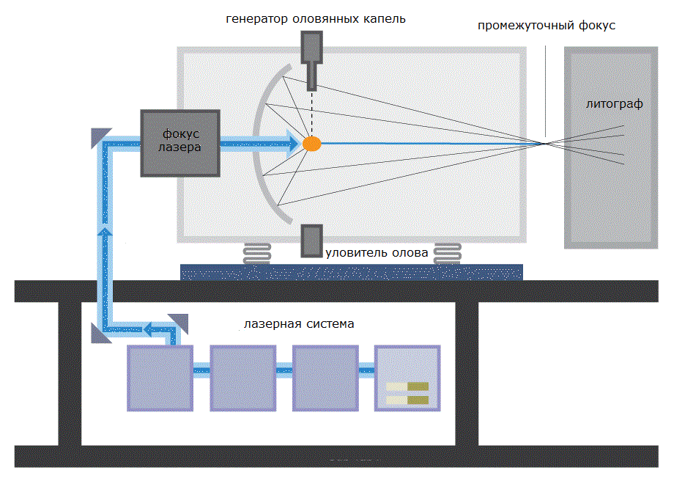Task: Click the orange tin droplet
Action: [x=312, y=144]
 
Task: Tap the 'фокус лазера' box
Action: [x=181, y=143]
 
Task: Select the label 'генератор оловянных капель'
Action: [x=315, y=18]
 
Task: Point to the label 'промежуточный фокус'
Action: [x=546, y=26]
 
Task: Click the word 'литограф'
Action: [x=614, y=104]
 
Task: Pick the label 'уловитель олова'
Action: [x=376, y=254]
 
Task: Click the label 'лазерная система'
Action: [x=299, y=323]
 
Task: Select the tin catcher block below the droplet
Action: [x=311, y=241]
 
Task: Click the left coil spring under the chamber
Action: [x=257, y=254]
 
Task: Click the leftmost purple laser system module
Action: [x=160, y=378]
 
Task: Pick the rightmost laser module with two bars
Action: [x=407, y=378]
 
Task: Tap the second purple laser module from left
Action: [x=242, y=378]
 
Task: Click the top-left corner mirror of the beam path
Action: [x=101, y=136]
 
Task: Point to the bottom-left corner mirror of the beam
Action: [x=101, y=333]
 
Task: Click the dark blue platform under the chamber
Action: [x=352, y=272]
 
